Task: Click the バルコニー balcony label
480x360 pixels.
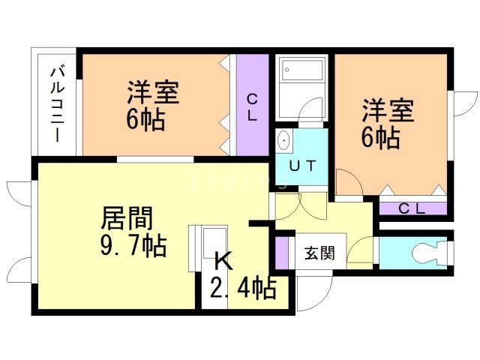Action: tap(56, 104)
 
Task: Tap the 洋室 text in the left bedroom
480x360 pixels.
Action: tap(152, 94)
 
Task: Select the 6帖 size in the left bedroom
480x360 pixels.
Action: tap(145, 119)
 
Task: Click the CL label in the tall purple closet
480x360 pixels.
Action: tap(253, 106)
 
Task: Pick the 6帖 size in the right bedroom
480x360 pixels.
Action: tap(380, 137)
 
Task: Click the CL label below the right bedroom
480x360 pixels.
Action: tap(412, 209)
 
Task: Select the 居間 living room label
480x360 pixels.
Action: tap(127, 219)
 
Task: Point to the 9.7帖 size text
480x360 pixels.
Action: tap(133, 245)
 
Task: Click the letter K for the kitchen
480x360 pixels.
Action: tap(223, 261)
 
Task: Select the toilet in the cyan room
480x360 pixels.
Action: tap(430, 251)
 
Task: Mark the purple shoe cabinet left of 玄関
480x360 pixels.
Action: tap(281, 252)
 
